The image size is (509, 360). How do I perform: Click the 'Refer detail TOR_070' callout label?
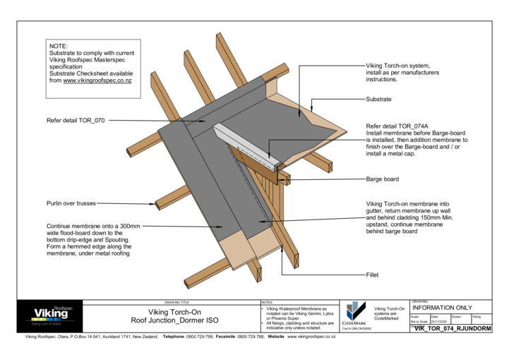pyautogui.click(x=76, y=121)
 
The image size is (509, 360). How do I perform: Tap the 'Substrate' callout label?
pyautogui.click(x=378, y=100)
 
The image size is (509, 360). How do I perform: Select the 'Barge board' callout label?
pyautogui.click(x=382, y=179)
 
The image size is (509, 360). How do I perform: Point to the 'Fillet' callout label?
pyautogui.click(x=373, y=274)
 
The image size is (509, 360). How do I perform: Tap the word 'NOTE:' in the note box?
pyautogui.click(x=59, y=47)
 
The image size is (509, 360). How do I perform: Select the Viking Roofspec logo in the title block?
pyautogui.click(x=52, y=315)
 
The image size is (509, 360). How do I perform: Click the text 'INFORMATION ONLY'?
pyautogui.click(x=442, y=308)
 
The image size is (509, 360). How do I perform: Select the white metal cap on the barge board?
pyautogui.click(x=247, y=144)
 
